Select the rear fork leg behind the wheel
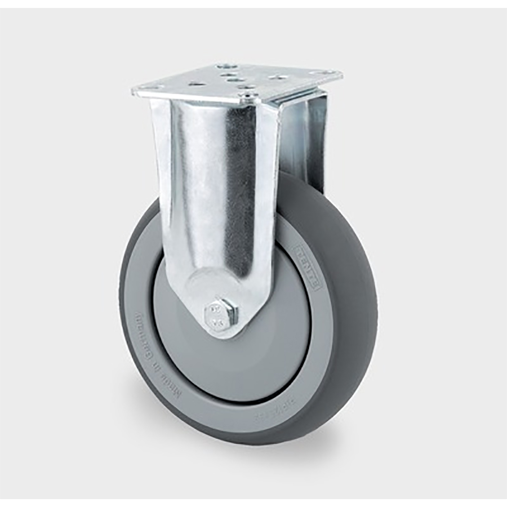307,141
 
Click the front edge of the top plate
192,96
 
